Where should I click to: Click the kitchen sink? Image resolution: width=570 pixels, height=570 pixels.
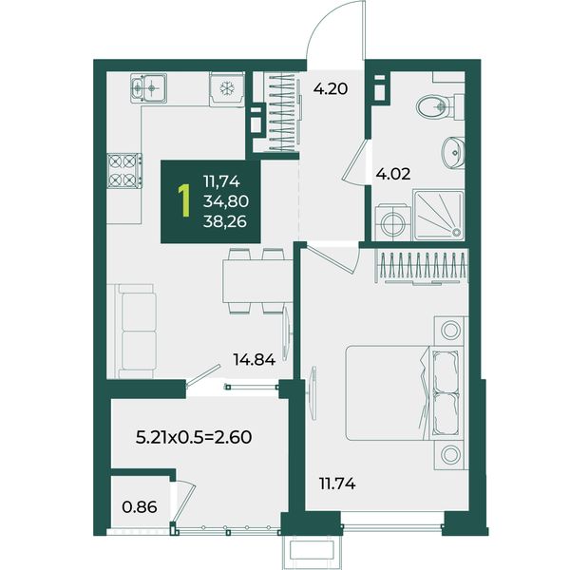coord(149,87)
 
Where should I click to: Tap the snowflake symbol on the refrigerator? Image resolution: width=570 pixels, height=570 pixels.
coord(227,88)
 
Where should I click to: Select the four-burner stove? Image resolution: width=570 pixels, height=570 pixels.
coord(124,170)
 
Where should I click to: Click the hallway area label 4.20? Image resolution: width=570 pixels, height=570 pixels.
coord(331,88)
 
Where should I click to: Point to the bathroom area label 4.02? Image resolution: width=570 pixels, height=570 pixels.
coord(393,174)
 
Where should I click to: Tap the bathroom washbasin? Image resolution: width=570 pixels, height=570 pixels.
coord(453,153)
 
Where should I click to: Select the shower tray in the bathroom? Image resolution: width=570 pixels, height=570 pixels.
coord(438,216)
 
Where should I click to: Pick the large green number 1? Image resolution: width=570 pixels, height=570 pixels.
coord(184,201)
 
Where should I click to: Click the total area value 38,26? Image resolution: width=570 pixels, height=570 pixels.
coord(225,221)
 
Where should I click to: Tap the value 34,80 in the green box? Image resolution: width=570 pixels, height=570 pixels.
coord(226,201)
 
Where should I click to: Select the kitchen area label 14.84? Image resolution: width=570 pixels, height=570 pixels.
coord(255,360)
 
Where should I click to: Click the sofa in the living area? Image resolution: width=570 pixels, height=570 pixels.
coord(135,332)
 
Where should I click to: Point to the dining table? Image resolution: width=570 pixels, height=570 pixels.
coord(257,280)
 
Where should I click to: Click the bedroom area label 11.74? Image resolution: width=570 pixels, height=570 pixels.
coord(337,484)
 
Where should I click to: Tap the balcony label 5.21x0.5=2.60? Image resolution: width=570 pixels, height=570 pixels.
coord(194,437)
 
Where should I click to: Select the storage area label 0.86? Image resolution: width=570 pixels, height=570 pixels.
coord(140,506)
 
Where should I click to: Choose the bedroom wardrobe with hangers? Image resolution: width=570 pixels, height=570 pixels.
coord(422,267)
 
